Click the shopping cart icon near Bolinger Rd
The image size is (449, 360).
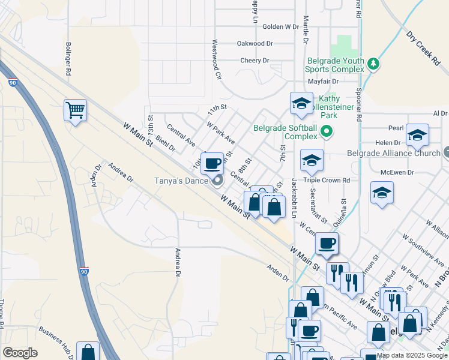click(x=76, y=110)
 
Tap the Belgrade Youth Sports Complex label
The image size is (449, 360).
click(x=336, y=65)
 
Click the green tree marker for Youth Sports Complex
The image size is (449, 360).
click(x=373, y=63)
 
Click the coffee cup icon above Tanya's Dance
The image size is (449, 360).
click(x=212, y=163)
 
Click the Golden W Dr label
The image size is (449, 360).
click(x=280, y=26)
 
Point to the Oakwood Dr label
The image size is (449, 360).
click(x=255, y=43)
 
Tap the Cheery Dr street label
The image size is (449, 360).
click(x=255, y=60)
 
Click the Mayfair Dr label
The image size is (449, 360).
click(x=324, y=81)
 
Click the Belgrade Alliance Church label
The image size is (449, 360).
click(x=394, y=153)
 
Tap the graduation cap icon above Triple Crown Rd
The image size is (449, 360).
click(x=311, y=160)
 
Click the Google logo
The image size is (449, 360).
click(x=20, y=353)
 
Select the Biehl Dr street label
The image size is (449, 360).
click(x=164, y=143)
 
